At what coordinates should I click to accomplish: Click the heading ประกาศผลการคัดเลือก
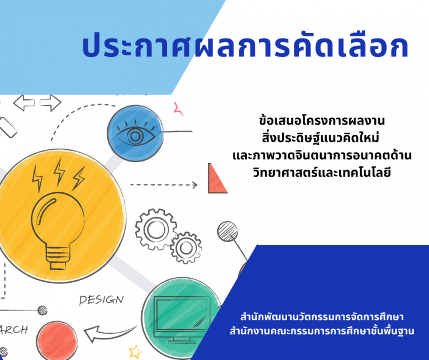pos(245,45)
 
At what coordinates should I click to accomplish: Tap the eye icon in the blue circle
pos(135,134)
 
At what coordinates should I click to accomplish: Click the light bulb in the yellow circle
pos(58,230)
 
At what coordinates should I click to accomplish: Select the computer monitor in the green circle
pos(182,320)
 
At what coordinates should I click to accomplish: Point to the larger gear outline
pos(156,229)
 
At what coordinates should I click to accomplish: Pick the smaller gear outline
pos(186,248)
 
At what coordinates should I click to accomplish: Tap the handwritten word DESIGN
pos(102,300)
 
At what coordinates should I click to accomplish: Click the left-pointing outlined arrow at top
pos(24,103)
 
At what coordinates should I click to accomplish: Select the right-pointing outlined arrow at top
pos(51,103)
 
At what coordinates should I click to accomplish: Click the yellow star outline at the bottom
pos(135,352)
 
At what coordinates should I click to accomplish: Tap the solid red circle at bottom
pos(56,341)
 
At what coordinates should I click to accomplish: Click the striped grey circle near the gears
pos(227,231)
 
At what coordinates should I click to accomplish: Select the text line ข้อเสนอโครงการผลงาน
pos(322,120)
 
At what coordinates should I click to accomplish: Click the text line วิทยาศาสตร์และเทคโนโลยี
pos(322,173)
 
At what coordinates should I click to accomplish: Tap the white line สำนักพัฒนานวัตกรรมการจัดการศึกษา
pos(322,317)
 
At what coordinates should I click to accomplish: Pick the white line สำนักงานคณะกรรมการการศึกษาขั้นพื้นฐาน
pos(322,331)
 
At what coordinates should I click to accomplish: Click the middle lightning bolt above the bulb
pos(59,173)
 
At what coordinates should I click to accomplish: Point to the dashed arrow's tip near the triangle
pos(197,185)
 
